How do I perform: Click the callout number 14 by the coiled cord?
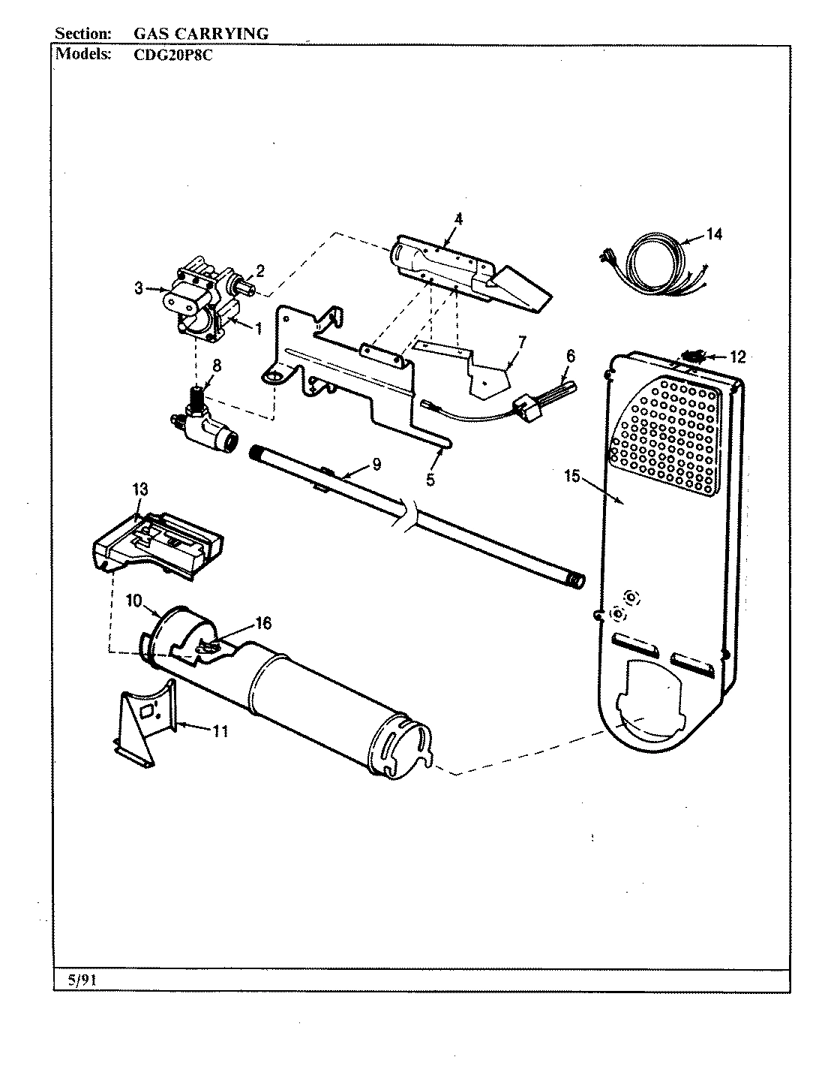(714, 235)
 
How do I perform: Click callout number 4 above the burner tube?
(458, 219)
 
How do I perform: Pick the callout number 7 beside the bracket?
(521, 342)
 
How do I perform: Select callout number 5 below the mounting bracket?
(430, 480)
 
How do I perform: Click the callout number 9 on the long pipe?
(376, 465)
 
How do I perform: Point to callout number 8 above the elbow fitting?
(217, 366)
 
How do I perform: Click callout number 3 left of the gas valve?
(139, 288)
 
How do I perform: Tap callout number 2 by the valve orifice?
(259, 269)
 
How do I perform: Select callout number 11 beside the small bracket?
(220, 730)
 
